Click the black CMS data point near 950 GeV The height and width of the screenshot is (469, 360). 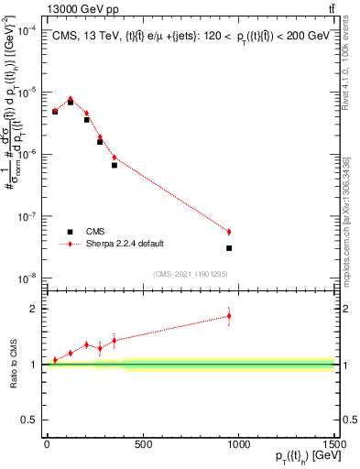coord(229,248)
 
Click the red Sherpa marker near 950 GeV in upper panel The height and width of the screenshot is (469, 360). coord(229,232)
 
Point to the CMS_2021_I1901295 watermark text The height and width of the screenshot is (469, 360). coord(191,274)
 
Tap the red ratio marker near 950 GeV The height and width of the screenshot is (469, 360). coord(229,316)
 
